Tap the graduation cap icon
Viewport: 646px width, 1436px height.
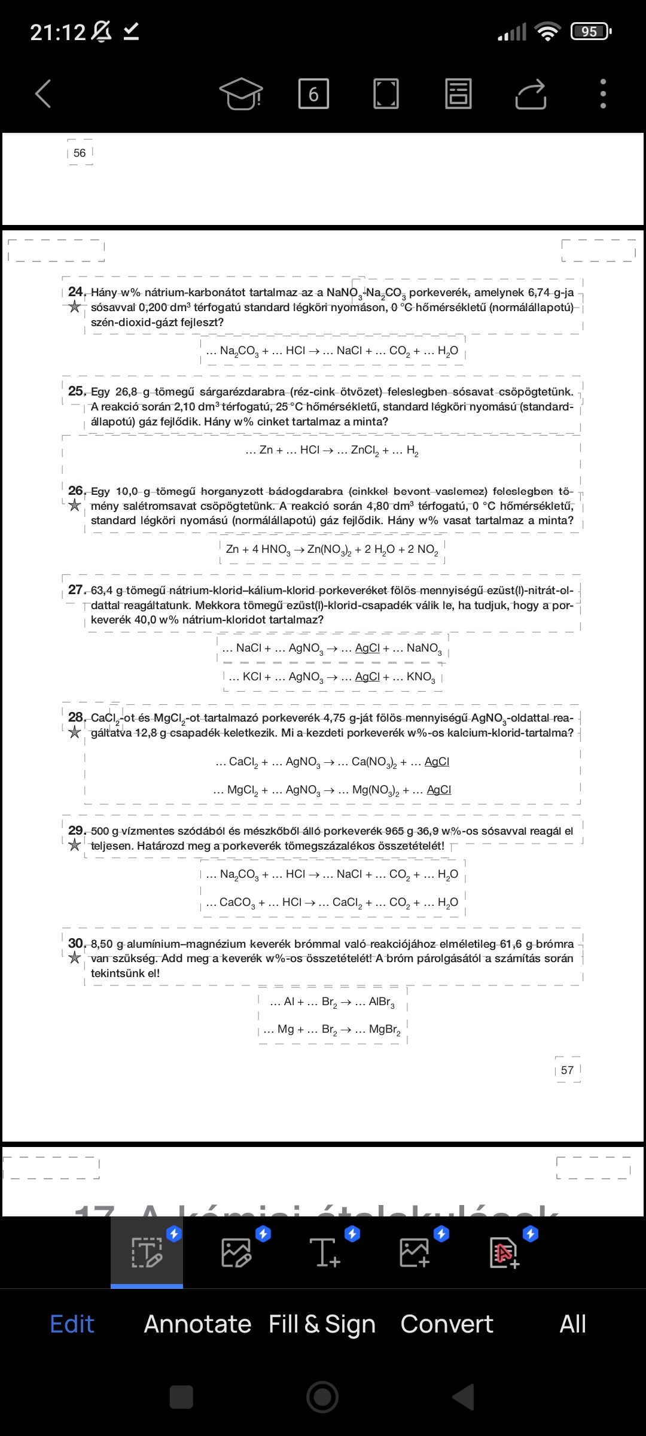[241, 94]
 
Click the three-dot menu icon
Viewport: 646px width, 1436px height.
[603, 94]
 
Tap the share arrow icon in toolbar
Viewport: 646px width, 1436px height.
[531, 94]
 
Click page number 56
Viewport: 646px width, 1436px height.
[80, 153]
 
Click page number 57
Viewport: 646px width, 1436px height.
[567, 1070]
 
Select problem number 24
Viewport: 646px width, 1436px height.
[76, 292]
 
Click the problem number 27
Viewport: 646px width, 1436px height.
[76, 590]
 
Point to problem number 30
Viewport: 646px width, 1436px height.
[76, 944]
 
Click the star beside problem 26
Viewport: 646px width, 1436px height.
[75, 506]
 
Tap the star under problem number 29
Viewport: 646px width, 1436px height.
[75, 845]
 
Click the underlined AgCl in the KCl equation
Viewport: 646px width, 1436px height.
[367, 677]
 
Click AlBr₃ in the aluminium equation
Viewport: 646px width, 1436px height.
[382, 1002]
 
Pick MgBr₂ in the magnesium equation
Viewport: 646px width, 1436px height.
[385, 1030]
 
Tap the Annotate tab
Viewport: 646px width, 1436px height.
[197, 1324]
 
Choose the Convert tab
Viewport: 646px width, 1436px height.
[447, 1324]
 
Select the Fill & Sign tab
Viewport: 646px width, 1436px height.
[322, 1324]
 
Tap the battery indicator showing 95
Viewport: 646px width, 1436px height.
[590, 31]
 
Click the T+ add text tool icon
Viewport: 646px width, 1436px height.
[325, 1252]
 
